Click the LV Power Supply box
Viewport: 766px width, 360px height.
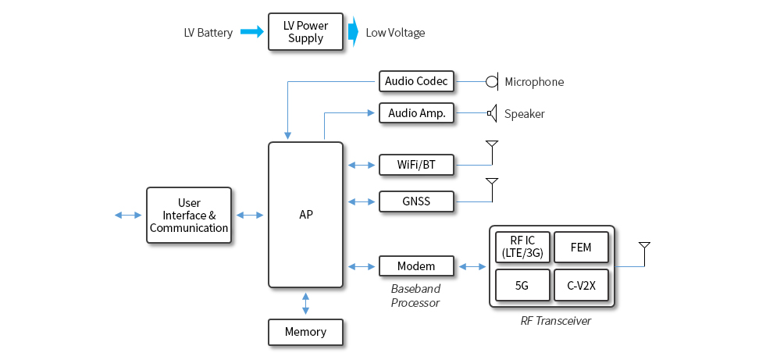305,32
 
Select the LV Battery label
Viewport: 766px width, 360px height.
208,33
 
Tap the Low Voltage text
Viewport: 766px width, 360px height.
395,33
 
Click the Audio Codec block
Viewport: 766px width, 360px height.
416,81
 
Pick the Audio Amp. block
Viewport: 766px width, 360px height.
416,113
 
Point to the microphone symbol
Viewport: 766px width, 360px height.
492,81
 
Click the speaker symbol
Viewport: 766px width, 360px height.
492,113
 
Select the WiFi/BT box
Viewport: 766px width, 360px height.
416,165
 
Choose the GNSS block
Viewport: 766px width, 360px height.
416,201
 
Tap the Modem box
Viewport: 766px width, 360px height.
416,266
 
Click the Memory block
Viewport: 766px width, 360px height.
305,332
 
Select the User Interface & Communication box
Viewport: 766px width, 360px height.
189,216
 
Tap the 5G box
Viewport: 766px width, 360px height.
522,286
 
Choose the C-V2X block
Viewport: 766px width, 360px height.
581,286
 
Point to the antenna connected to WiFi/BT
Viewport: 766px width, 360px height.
492,146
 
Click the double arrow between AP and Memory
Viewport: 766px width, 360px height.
305,303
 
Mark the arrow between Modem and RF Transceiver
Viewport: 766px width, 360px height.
472,266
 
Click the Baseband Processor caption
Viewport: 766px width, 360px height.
415,296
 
